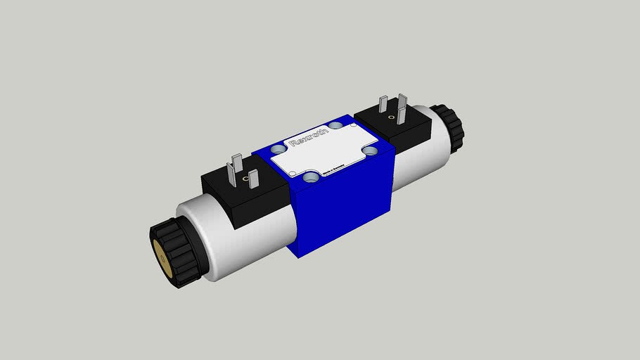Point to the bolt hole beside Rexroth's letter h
(336, 125)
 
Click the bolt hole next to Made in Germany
(369, 150)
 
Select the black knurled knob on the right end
(448, 127)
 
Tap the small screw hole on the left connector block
(245, 181)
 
